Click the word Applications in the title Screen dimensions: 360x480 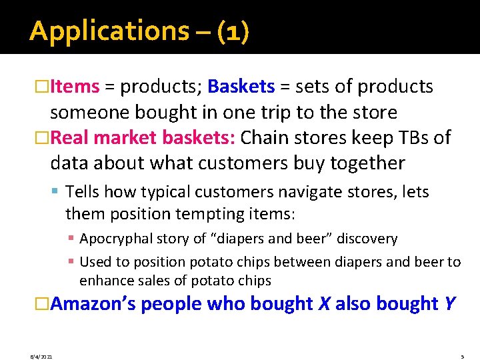tap(109, 31)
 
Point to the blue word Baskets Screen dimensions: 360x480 tap(241, 87)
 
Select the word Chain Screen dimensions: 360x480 tap(264, 138)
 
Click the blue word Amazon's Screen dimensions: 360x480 tap(93, 304)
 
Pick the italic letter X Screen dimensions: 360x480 tap(324, 304)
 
